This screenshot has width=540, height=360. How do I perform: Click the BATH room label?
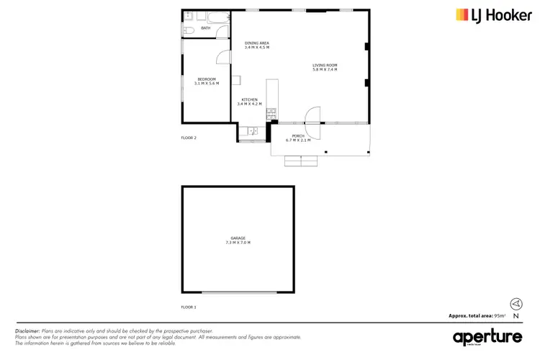click(x=205, y=28)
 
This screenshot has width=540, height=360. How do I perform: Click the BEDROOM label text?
click(x=207, y=78)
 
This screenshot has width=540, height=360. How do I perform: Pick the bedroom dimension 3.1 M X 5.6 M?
click(x=207, y=83)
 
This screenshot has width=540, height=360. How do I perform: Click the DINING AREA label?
click(x=257, y=43)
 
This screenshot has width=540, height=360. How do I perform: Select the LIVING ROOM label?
click(x=325, y=66)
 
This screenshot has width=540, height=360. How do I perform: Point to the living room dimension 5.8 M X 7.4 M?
click(x=325, y=70)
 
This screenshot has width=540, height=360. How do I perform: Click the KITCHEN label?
click(x=249, y=99)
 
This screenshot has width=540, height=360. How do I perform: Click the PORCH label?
click(x=298, y=135)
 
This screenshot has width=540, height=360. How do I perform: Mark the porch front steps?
click(x=300, y=161)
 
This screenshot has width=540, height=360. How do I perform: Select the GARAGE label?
click(x=238, y=238)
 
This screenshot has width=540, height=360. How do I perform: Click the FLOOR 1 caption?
click(x=189, y=307)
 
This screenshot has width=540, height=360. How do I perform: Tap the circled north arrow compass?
click(x=516, y=304)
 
